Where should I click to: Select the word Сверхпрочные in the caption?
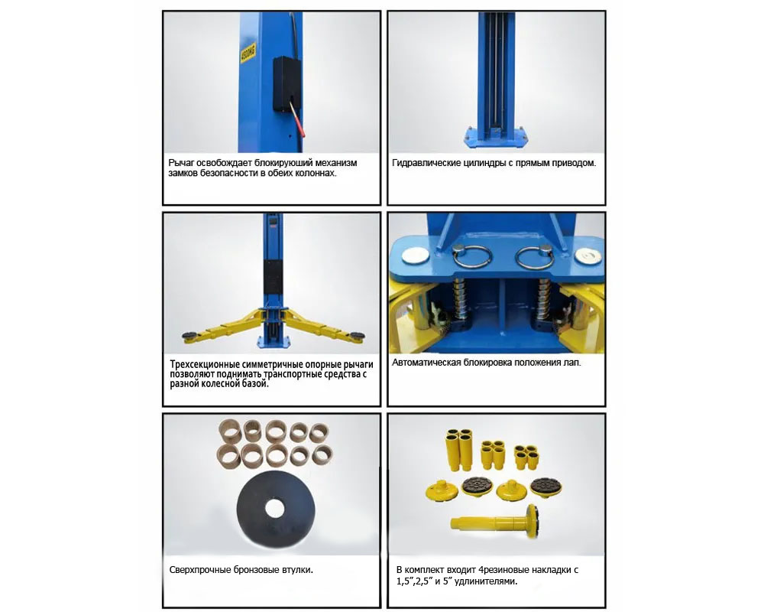(x=199, y=569)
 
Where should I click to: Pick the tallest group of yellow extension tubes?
(x=458, y=449)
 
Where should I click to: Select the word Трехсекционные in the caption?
(x=206, y=365)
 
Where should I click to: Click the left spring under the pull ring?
(x=460, y=298)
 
